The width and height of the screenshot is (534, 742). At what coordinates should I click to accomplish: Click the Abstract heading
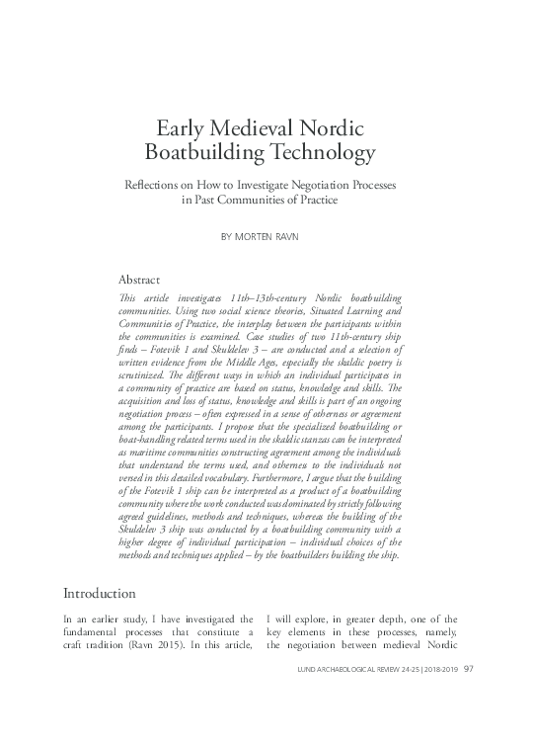pyautogui.click(x=139, y=280)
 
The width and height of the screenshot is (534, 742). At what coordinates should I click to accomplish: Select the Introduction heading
pyautogui.click(x=100, y=594)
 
